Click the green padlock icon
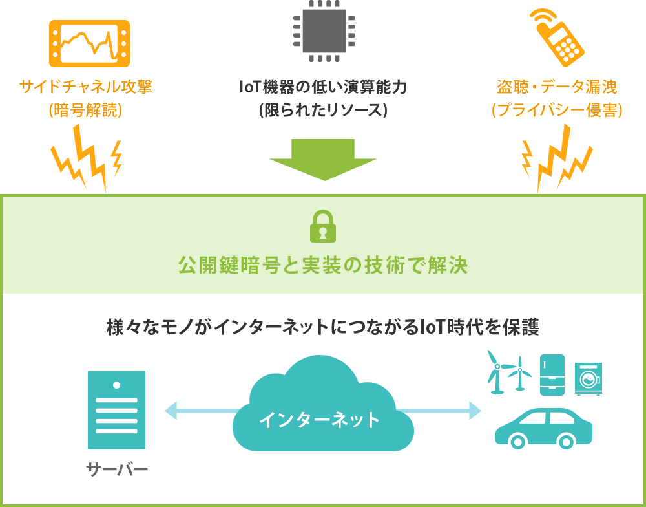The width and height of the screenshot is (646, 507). [323, 226]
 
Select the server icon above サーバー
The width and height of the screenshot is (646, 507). [116, 410]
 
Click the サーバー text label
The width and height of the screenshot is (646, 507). [117, 468]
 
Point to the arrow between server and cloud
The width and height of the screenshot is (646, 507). [200, 411]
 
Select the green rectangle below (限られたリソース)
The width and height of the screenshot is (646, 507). [322, 160]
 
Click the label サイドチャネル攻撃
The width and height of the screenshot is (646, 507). [86, 87]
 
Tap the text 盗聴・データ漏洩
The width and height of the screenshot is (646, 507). [557, 87]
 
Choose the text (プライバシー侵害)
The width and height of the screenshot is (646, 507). [557, 110]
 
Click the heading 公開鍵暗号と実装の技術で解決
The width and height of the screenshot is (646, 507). [323, 266]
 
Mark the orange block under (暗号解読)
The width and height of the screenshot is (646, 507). [86, 158]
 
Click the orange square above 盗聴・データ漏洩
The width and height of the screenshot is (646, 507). [557, 38]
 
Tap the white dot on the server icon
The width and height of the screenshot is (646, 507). [116, 385]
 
